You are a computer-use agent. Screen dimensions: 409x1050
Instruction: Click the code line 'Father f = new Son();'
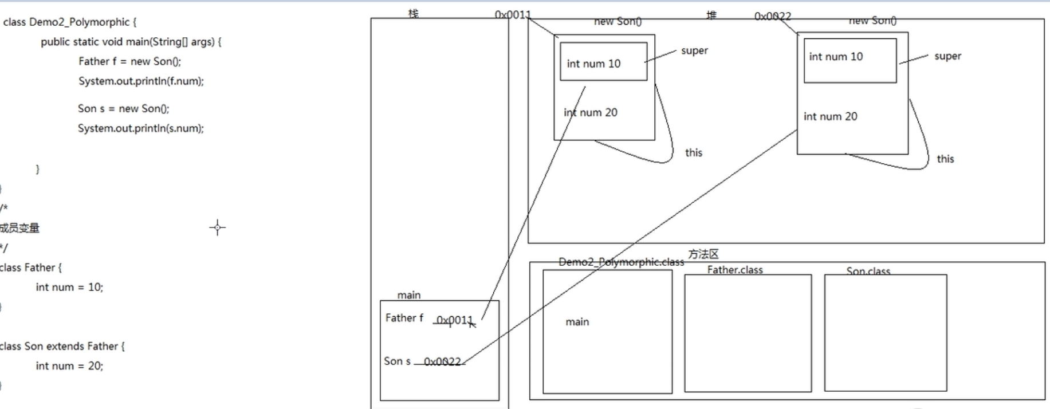coord(129,61)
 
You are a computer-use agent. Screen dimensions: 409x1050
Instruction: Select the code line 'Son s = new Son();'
coord(123,108)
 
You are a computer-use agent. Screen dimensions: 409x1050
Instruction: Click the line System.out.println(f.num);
coord(141,81)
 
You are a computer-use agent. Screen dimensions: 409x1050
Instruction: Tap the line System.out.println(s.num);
coord(140,128)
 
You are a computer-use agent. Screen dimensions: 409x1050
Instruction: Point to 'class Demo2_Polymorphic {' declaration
coord(70,22)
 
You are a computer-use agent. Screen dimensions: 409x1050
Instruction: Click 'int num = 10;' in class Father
coord(69,287)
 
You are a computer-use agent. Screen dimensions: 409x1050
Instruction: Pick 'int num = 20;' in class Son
coord(69,365)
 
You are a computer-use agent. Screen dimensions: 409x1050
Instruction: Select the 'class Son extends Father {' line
coord(62,346)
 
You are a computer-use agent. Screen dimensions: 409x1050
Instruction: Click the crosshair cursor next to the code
coord(217,227)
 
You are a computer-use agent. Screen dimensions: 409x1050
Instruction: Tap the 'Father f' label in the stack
coord(404,318)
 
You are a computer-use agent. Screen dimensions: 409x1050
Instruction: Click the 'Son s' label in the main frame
coord(397,361)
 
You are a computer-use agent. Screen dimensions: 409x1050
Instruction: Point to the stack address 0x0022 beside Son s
coord(442,361)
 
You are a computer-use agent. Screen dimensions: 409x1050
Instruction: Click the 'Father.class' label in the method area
coord(735,270)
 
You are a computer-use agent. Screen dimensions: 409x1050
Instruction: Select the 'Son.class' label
coord(868,271)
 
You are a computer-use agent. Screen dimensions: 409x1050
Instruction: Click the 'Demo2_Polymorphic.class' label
coord(621,262)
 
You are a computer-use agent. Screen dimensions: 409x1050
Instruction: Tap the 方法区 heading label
coord(703,254)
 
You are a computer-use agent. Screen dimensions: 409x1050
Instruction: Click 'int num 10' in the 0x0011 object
coord(593,64)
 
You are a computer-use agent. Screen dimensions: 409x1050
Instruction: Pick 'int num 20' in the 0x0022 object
coord(830,116)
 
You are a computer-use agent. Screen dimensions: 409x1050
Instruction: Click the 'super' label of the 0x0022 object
coord(947,56)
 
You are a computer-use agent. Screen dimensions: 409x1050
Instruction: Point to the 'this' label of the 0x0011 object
coord(693,152)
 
